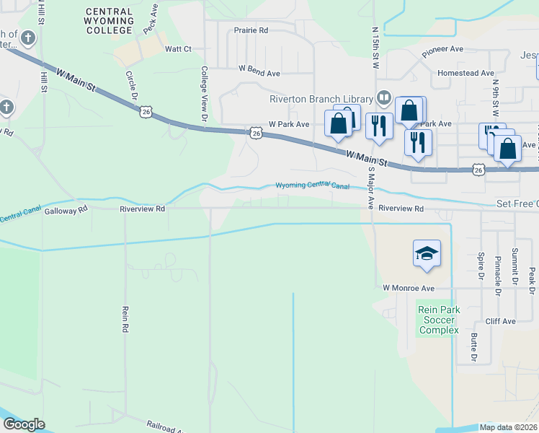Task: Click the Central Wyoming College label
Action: click(x=109, y=21)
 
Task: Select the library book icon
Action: click(x=383, y=98)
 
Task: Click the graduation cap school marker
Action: click(x=427, y=254)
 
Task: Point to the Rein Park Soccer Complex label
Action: click(x=439, y=320)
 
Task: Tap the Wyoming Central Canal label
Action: click(x=312, y=186)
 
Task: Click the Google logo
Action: click(x=24, y=424)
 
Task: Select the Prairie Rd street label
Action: click(x=251, y=30)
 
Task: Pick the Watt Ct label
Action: click(x=178, y=49)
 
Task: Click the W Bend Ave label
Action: click(x=259, y=74)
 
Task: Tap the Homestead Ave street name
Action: click(x=466, y=73)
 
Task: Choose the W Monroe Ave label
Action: click(x=409, y=288)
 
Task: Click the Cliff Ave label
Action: click(x=500, y=321)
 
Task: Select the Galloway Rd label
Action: click(x=66, y=209)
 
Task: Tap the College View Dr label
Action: click(x=205, y=94)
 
